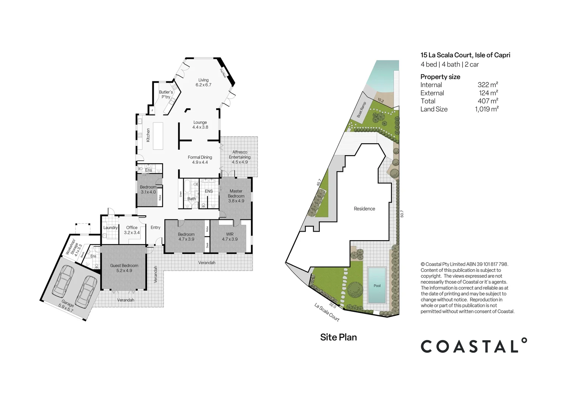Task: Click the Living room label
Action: [x=203, y=82]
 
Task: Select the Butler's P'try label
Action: [x=166, y=95]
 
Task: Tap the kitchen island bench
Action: [x=158, y=136]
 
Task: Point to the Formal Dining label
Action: [x=200, y=160]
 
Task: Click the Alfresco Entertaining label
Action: [x=239, y=157]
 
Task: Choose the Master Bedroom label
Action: [x=236, y=196]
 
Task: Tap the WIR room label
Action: [x=230, y=236]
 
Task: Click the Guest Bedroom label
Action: [x=124, y=268]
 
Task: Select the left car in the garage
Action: [x=63, y=280]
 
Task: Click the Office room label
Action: [x=132, y=230]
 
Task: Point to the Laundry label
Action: [x=110, y=228]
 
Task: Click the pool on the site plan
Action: [x=377, y=285]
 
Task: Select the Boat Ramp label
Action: [x=361, y=110]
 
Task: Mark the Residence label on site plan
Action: [x=364, y=209]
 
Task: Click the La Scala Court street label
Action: [x=327, y=312]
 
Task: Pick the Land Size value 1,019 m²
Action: [x=487, y=109]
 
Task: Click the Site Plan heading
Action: [x=338, y=337]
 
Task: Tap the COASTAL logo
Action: [x=474, y=346]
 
